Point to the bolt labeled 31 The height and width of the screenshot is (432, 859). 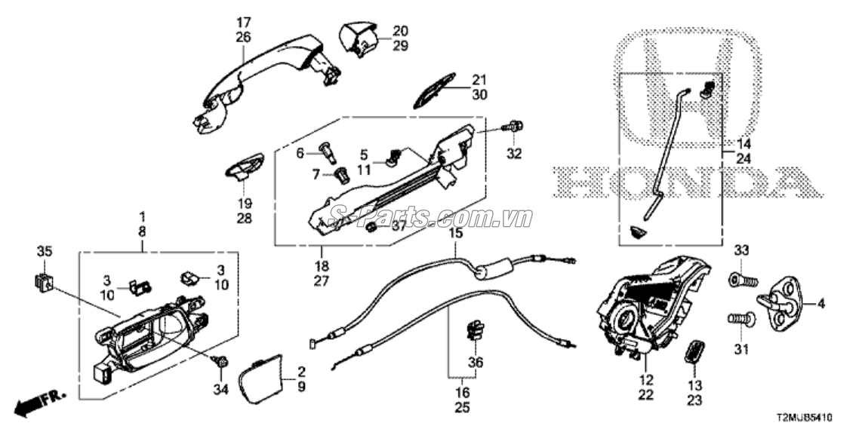[739, 320]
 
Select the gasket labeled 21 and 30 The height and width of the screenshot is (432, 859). [435, 90]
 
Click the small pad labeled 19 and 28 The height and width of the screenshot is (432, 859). [243, 166]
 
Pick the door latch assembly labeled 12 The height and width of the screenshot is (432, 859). [650, 306]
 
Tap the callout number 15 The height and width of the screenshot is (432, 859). [455, 233]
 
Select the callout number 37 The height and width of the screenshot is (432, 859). [399, 225]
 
